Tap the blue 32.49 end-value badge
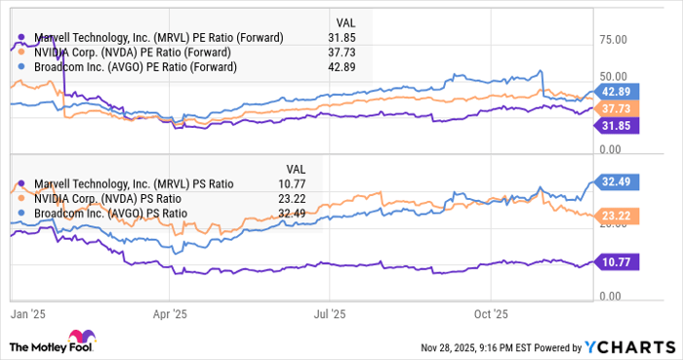pyautogui.click(x=618, y=180)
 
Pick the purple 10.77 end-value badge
pyautogui.click(x=618, y=261)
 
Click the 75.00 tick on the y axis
pyautogui.click(x=612, y=40)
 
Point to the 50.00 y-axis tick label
pyautogui.click(x=612, y=76)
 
